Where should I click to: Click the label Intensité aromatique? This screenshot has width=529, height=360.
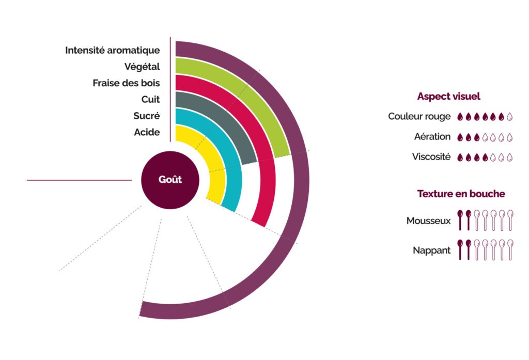[x=112, y=50]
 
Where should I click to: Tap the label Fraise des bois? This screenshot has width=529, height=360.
[x=126, y=83]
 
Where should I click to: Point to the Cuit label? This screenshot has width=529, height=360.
[x=150, y=99]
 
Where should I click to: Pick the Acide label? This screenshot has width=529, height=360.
[x=147, y=132]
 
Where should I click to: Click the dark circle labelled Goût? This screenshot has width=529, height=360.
[x=170, y=180]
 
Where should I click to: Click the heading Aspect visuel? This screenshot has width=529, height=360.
[x=448, y=97]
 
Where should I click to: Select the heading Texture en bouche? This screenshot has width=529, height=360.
[x=461, y=194]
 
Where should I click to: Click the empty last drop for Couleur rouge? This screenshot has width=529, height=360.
[x=510, y=117]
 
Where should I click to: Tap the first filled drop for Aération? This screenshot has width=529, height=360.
[x=460, y=137]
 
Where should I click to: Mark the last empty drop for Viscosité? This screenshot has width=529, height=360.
[x=510, y=157]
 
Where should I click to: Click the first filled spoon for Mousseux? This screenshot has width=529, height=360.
[x=460, y=219]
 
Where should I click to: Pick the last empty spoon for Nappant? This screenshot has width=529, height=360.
[x=510, y=249]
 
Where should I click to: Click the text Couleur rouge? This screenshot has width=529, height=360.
[x=419, y=117]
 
